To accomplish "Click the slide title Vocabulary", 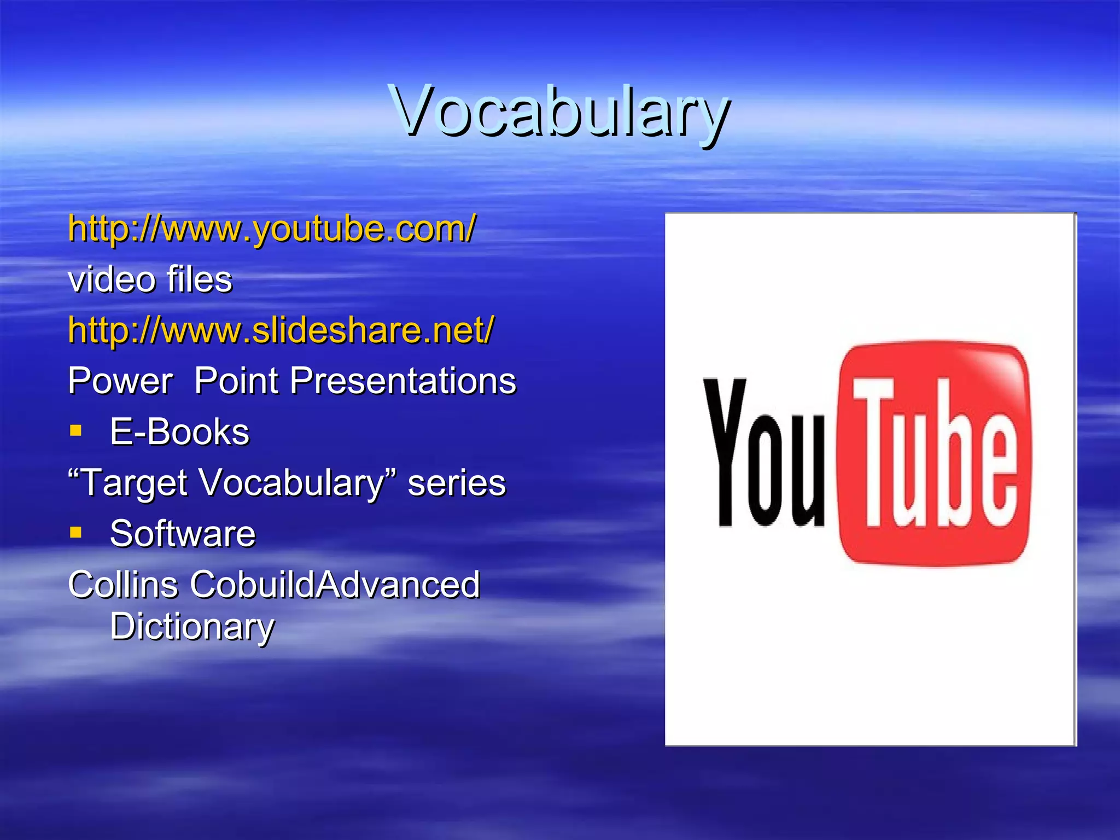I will tap(559, 112).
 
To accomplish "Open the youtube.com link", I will tap(272, 229).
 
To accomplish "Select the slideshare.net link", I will tap(281, 330).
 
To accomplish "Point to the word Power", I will tap(120, 381).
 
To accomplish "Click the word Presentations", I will tap(402, 381).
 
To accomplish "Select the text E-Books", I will tap(179, 432).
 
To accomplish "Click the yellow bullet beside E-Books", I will tap(75, 430).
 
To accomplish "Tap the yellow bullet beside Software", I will tap(75, 532).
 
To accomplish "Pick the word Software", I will tap(183, 534).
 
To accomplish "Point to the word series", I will tap(457, 483).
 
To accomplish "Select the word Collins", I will tap(123, 585).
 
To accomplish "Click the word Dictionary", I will tap(192, 627).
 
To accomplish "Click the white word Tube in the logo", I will tap(935, 453).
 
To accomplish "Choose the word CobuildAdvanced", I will tap(335, 585).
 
